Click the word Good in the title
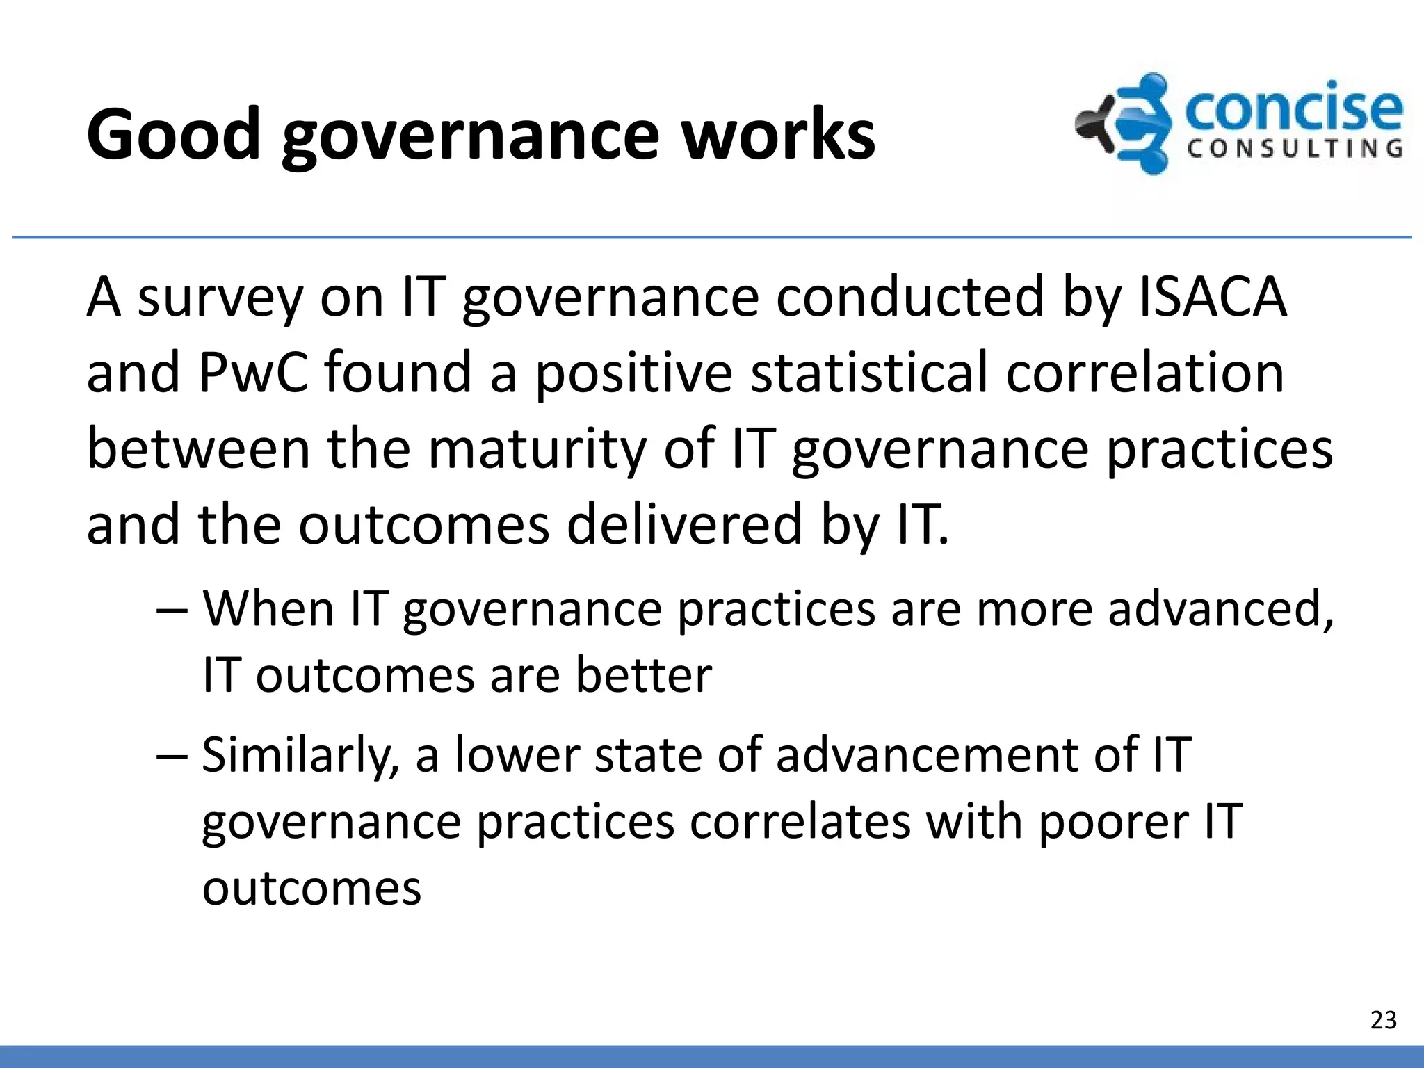(x=173, y=134)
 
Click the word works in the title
(x=778, y=134)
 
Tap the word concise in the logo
(x=1293, y=110)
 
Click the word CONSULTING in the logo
(x=1295, y=149)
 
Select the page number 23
(x=1383, y=1020)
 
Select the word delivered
(x=685, y=524)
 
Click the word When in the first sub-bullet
(x=268, y=609)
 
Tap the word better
(x=644, y=675)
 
